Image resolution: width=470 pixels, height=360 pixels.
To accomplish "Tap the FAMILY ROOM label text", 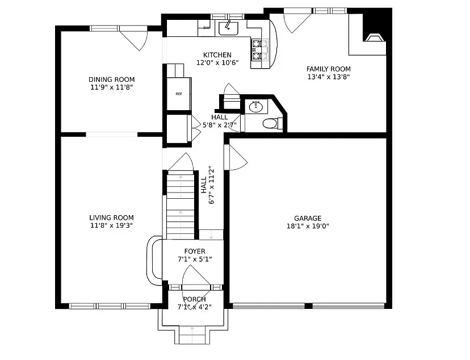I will point(328,69).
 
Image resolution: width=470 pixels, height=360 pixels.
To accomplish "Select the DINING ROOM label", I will point(111,79).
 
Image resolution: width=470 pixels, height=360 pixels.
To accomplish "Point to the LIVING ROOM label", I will point(111,217).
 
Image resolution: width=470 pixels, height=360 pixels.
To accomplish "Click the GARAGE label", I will point(308,218).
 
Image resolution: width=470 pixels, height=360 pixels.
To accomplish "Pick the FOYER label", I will point(195,251).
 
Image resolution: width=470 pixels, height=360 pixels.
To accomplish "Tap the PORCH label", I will point(194,299).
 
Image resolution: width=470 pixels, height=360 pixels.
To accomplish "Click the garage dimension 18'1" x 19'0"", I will point(308,226).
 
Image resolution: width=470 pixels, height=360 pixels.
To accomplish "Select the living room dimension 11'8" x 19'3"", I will point(111,225).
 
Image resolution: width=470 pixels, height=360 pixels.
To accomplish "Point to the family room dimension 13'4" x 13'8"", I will point(328,77).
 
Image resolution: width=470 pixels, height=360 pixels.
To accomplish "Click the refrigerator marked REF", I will point(178,94).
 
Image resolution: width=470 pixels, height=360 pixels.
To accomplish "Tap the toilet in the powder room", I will point(270,123).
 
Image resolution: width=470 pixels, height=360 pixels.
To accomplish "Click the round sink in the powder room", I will point(256,106).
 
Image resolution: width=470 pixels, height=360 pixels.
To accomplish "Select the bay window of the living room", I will point(153,259).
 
